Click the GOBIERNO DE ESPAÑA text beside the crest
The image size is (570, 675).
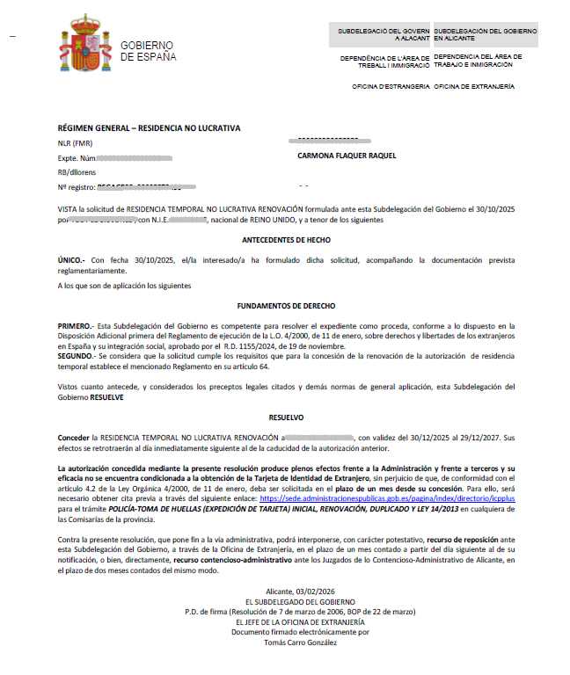148,51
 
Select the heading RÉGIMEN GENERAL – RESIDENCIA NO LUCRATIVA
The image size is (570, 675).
149,128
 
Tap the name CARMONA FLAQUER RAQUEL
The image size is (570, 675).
347,156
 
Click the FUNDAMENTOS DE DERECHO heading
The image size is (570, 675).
286,306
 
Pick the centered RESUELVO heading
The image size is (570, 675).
285,418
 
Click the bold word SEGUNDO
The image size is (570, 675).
77,355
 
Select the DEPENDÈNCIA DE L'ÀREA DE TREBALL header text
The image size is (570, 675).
384,61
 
